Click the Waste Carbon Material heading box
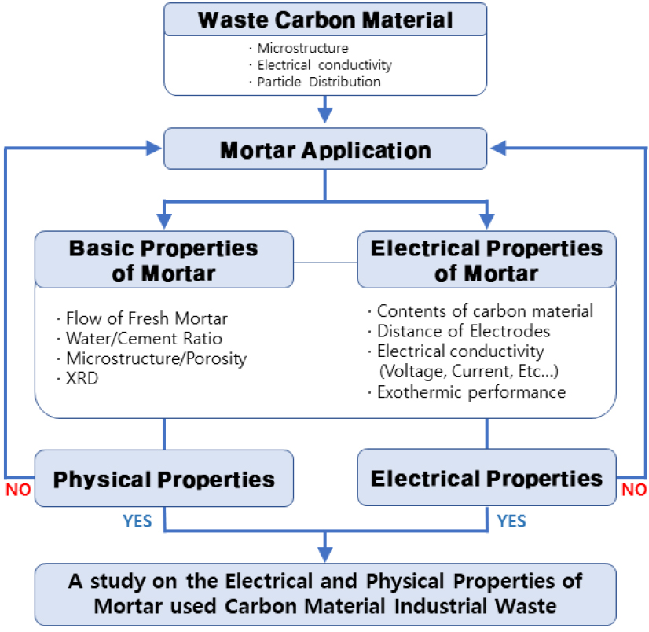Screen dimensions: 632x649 [x=324, y=20]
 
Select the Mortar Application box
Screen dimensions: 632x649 [x=324, y=150]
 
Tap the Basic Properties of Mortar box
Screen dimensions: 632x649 [x=163, y=259]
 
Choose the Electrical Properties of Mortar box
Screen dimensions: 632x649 [x=486, y=259]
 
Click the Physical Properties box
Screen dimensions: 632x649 [x=163, y=478]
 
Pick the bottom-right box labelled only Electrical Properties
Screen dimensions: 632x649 [x=486, y=477]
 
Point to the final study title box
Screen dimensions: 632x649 [x=324, y=594]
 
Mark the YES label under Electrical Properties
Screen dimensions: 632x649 [x=511, y=520]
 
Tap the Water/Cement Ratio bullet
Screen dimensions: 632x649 [x=143, y=339]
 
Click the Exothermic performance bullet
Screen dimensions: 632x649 [x=470, y=391]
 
